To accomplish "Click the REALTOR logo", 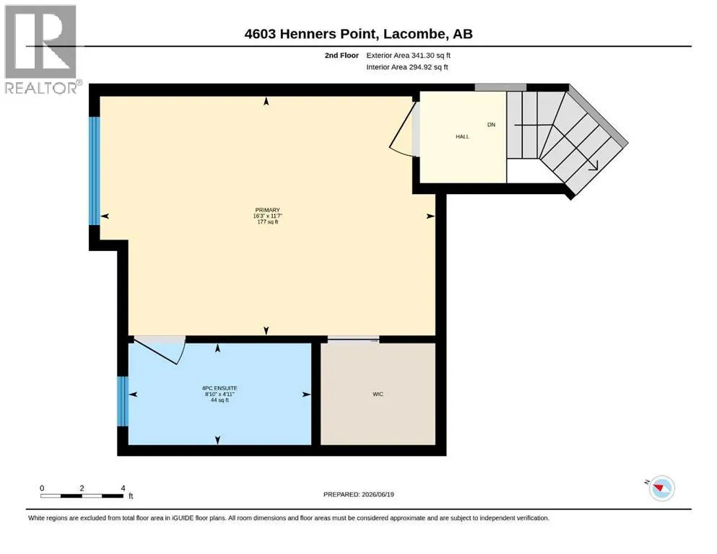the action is [41, 49].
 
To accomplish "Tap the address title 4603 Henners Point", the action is [311, 34].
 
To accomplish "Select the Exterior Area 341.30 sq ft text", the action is [409, 56].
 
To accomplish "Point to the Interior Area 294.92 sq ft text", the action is [407, 67].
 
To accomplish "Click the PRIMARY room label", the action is [267, 210].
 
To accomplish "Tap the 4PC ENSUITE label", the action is [220, 388].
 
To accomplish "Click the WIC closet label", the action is [378, 394].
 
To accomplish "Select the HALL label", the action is [462, 136].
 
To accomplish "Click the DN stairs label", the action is [491, 125].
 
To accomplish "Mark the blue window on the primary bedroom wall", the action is [94, 171].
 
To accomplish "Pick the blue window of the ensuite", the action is [123, 401].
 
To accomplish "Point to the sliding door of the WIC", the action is [354, 339].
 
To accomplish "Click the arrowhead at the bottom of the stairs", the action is [594, 166].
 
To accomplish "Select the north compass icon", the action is [661, 488].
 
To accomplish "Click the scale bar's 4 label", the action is [123, 488].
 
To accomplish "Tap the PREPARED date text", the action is [358, 494].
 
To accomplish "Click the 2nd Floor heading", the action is [342, 56].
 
